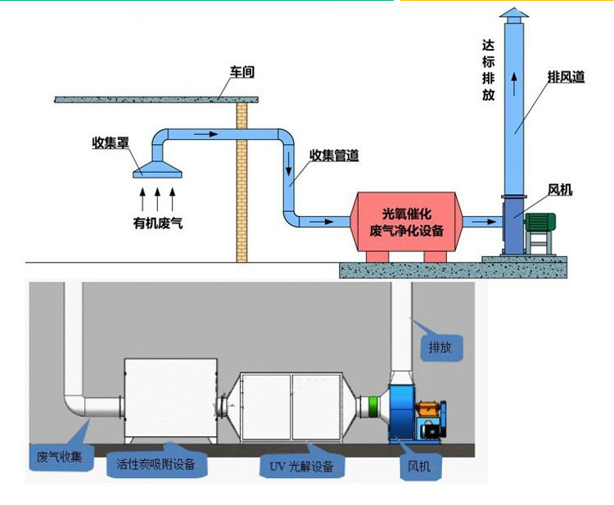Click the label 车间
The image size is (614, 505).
242,72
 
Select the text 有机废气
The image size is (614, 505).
157,222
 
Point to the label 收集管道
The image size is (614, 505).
334,156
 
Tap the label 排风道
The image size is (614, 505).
566,77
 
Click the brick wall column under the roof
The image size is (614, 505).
242,180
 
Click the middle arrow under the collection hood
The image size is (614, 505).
156,197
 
